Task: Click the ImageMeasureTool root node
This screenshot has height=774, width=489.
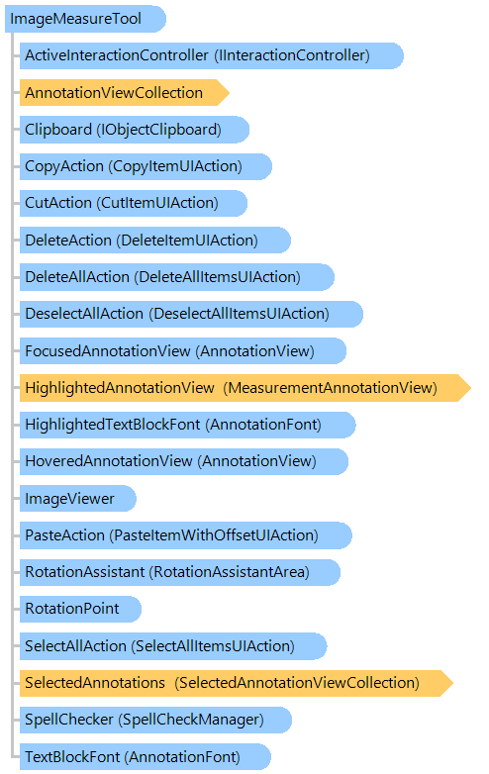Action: [85, 19]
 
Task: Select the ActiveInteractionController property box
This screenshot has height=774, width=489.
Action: [212, 55]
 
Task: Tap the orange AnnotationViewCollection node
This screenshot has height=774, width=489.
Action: [125, 92]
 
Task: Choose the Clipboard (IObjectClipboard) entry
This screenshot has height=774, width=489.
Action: [135, 130]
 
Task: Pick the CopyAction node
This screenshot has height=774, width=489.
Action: [146, 166]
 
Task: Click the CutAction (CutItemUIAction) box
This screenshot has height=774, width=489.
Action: [134, 203]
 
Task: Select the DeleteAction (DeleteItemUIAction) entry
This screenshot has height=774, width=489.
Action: [155, 240]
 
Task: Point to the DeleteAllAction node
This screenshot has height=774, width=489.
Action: [176, 277]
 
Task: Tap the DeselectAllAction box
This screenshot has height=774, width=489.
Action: [191, 314]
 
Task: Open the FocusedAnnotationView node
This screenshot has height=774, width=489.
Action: [182, 351]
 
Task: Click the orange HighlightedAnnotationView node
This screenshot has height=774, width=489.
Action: [245, 387]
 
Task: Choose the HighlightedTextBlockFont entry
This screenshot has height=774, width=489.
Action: [187, 425]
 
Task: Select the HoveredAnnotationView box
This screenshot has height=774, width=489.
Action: [183, 461]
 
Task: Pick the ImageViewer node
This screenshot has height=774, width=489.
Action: [77, 499]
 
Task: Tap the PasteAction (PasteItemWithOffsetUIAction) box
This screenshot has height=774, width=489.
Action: [185, 535]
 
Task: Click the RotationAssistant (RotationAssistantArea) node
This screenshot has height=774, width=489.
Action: [179, 572]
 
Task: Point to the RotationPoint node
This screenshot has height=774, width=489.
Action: [80, 609]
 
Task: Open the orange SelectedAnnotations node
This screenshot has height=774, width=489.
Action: [237, 683]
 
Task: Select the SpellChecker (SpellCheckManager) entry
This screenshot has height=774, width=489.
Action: [155, 720]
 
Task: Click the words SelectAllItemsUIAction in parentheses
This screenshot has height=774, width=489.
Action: [213, 646]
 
